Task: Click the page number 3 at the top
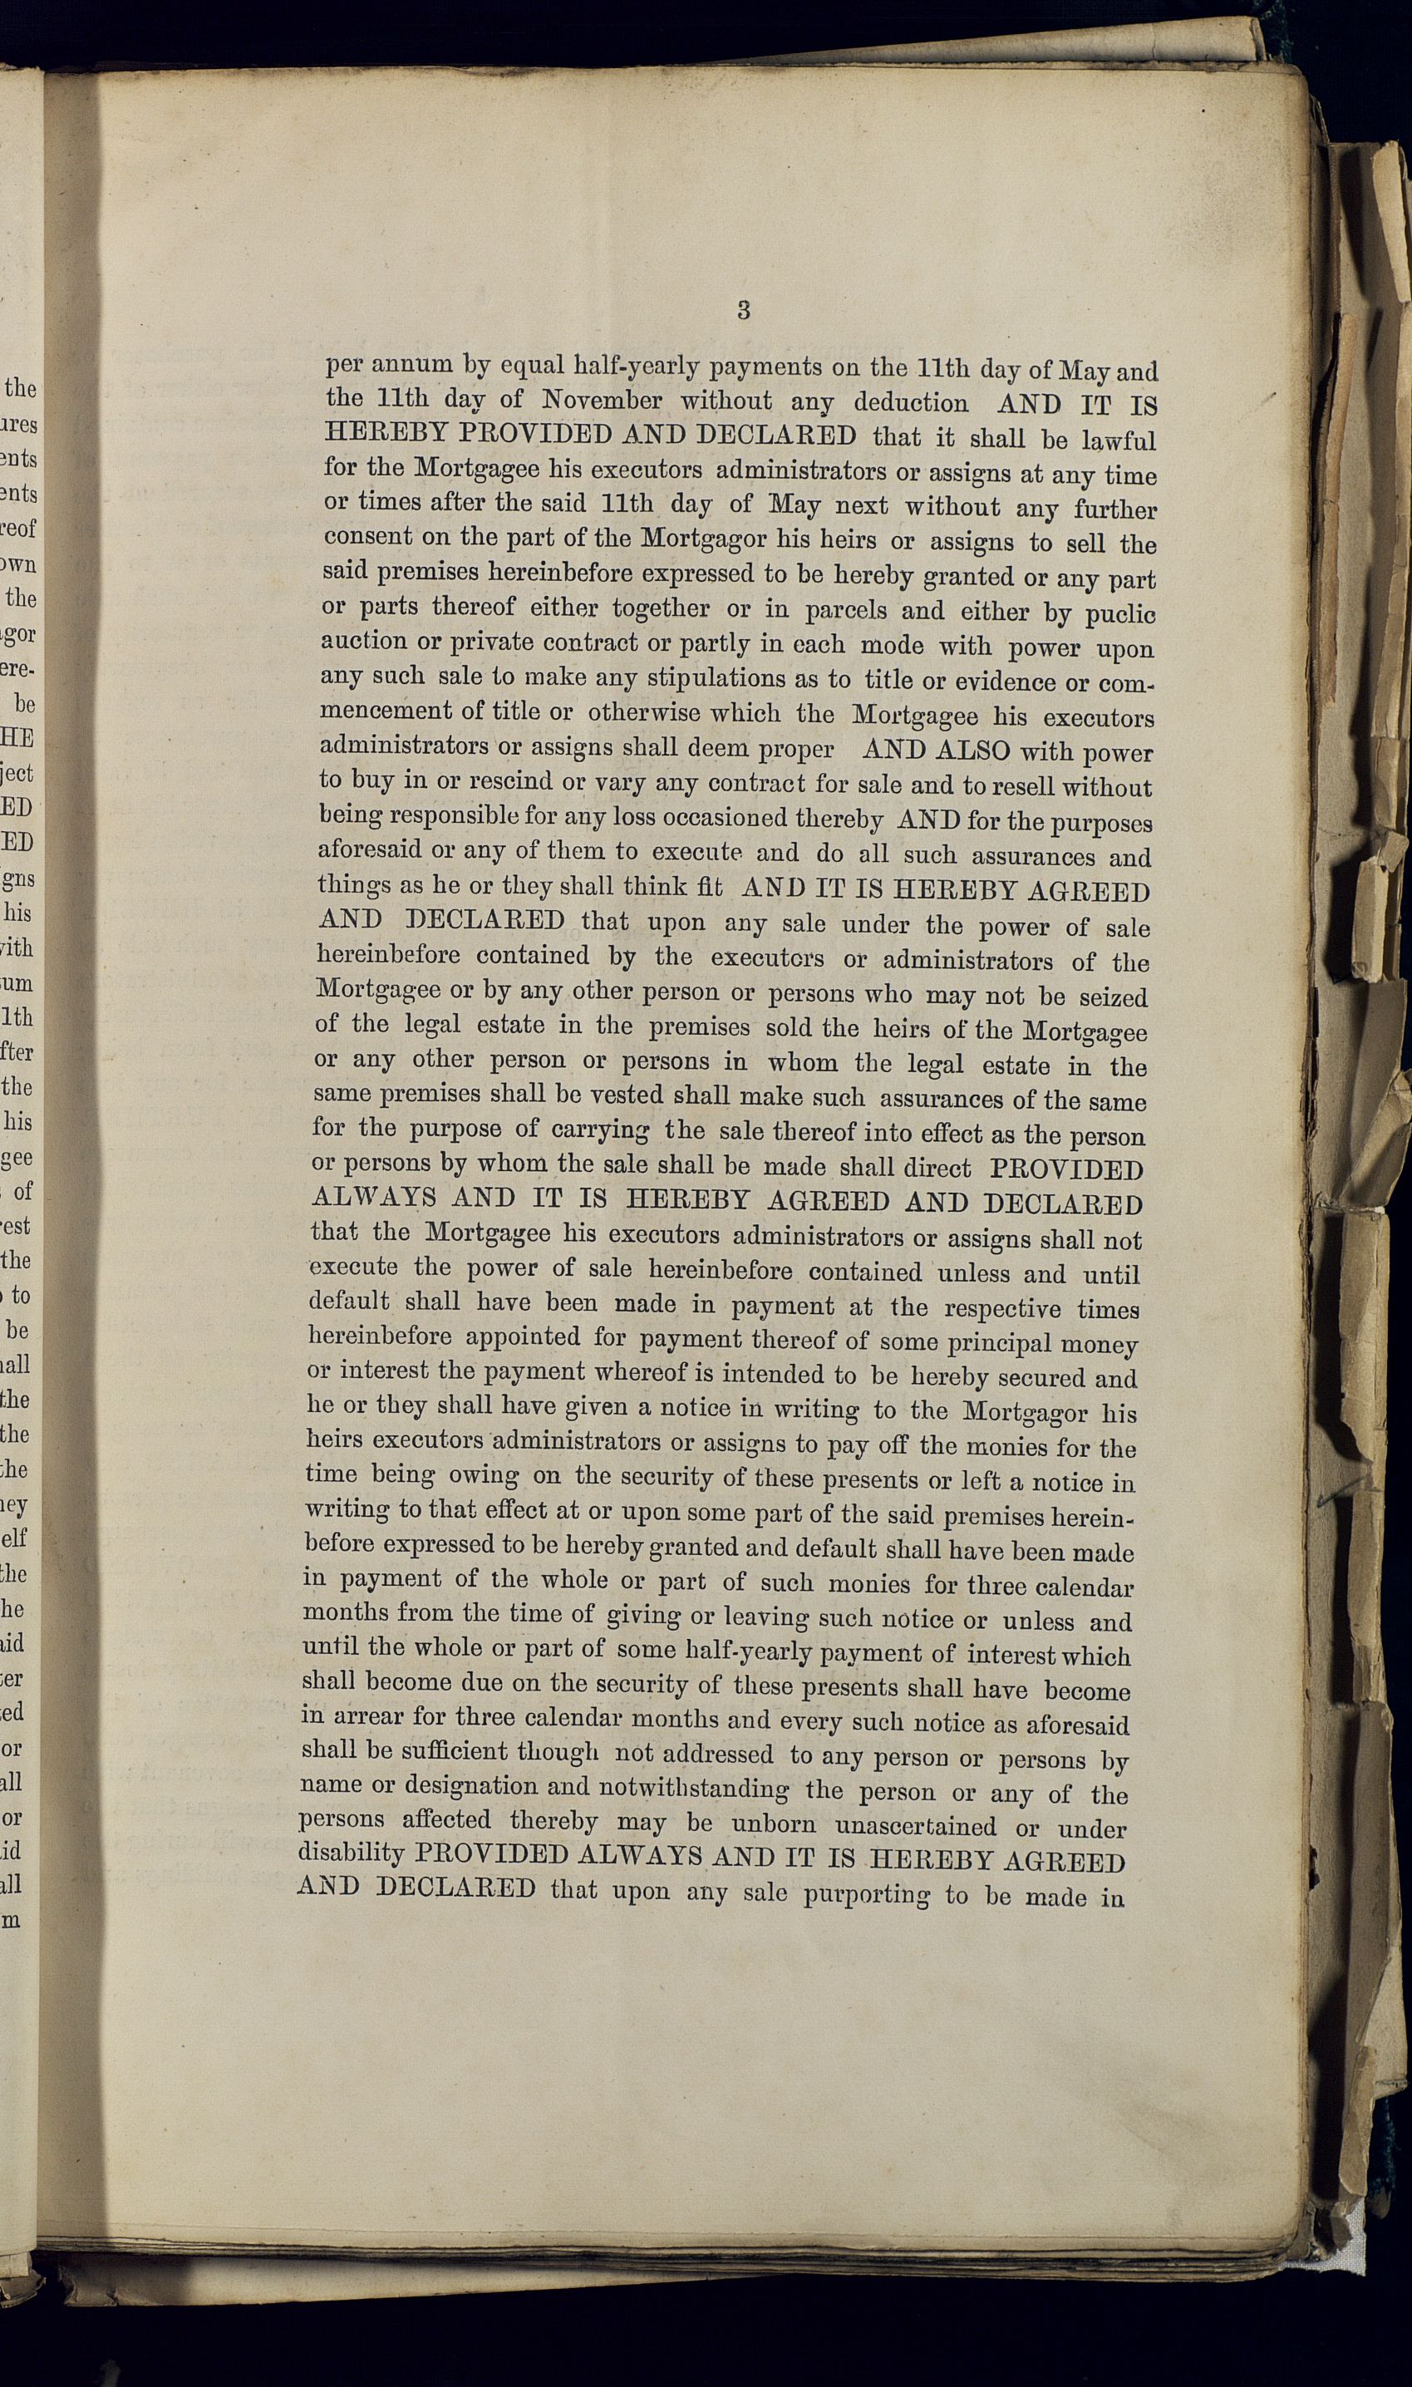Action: pyautogui.click(x=744, y=309)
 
